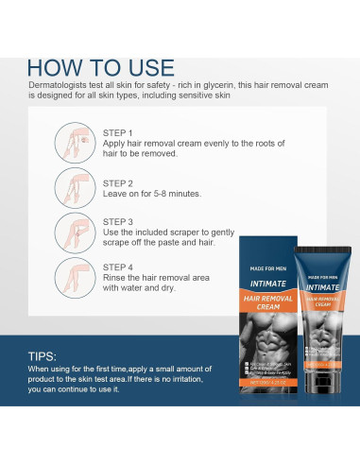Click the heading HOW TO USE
(x=102, y=68)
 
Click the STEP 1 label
(x=117, y=134)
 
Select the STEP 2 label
(x=117, y=183)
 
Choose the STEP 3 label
(x=117, y=221)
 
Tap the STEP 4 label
(x=117, y=267)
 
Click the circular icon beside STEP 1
(x=76, y=142)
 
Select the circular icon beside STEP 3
(x=76, y=232)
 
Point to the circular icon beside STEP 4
(x=76, y=277)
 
